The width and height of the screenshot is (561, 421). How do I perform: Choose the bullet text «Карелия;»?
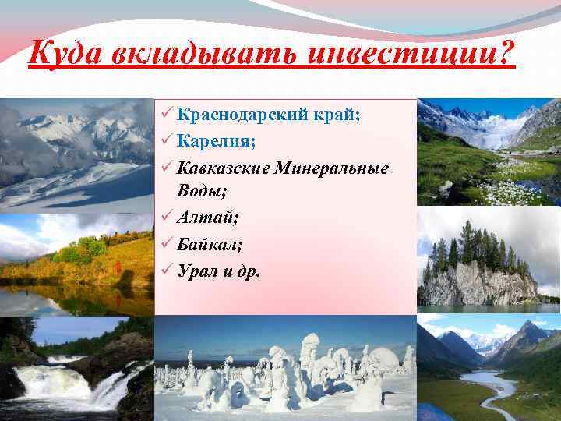pyautogui.click(x=213, y=141)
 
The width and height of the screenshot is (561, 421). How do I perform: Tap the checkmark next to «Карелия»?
pyautogui.click(x=164, y=141)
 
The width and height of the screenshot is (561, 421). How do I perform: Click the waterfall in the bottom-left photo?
pyautogui.click(x=55, y=382)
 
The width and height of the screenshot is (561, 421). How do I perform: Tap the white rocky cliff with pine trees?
pyautogui.click(x=475, y=282)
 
